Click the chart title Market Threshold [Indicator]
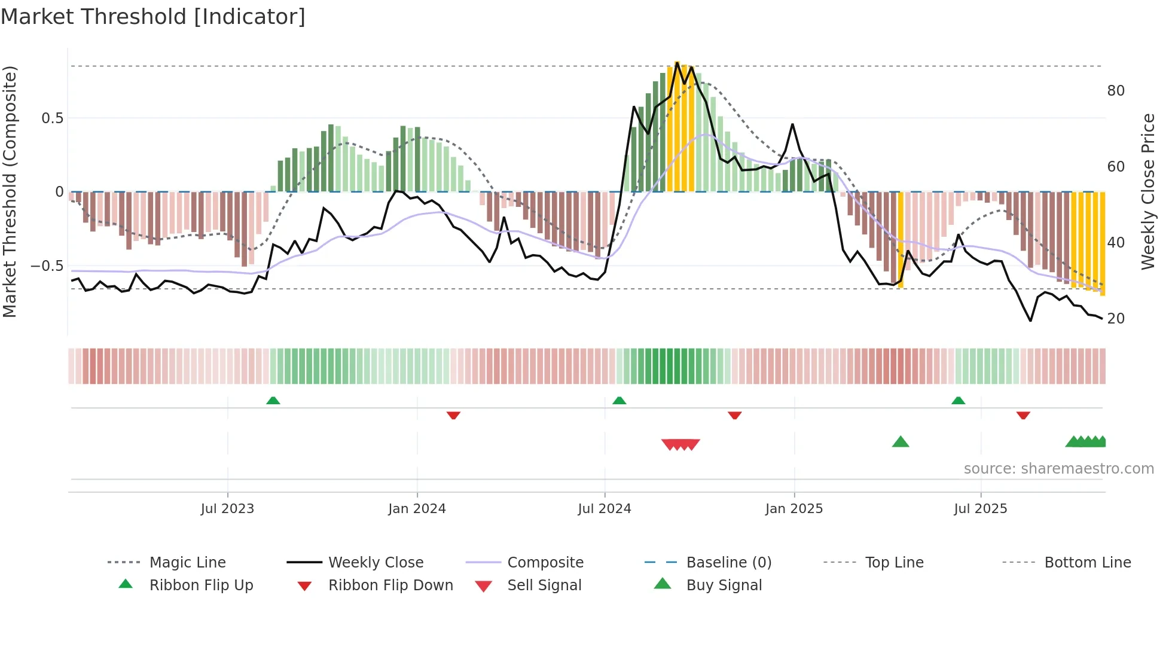pos(153,17)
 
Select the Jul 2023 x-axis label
pos(227,509)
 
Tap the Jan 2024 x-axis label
pos(417,509)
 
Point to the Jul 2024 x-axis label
pos(605,509)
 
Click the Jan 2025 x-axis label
pos(794,509)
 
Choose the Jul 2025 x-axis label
pos(981,509)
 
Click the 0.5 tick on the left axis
pos(53,118)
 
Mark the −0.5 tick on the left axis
pos(47,266)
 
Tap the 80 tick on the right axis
pos(1116,91)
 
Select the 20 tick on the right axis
pos(1116,319)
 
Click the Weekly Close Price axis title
pos(1147,191)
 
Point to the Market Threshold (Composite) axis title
pos(10,191)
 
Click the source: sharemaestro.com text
pos(1058,469)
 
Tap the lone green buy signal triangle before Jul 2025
pos(901,443)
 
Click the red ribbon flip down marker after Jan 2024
pos(453,415)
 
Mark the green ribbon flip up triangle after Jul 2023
pos(273,400)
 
